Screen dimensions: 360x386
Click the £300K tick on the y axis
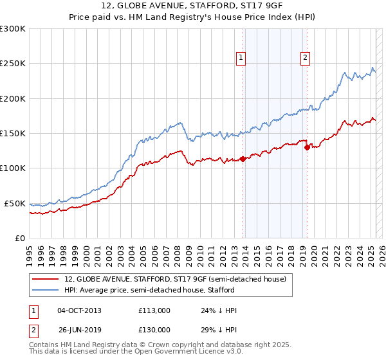pyautogui.click(x=13, y=29)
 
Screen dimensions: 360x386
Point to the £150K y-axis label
pyautogui.click(x=13, y=134)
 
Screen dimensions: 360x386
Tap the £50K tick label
pyautogui.click(x=15, y=203)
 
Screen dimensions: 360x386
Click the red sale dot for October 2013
pyautogui.click(x=243, y=159)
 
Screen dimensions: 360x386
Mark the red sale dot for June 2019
pyautogui.click(x=307, y=147)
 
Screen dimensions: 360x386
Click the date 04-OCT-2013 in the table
pyautogui.click(x=79, y=310)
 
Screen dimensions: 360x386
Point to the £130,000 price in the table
pyautogui.click(x=154, y=330)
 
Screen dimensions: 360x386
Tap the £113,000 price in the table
pyautogui.click(x=154, y=310)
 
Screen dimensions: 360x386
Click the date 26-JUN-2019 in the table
pyautogui.click(x=79, y=330)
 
